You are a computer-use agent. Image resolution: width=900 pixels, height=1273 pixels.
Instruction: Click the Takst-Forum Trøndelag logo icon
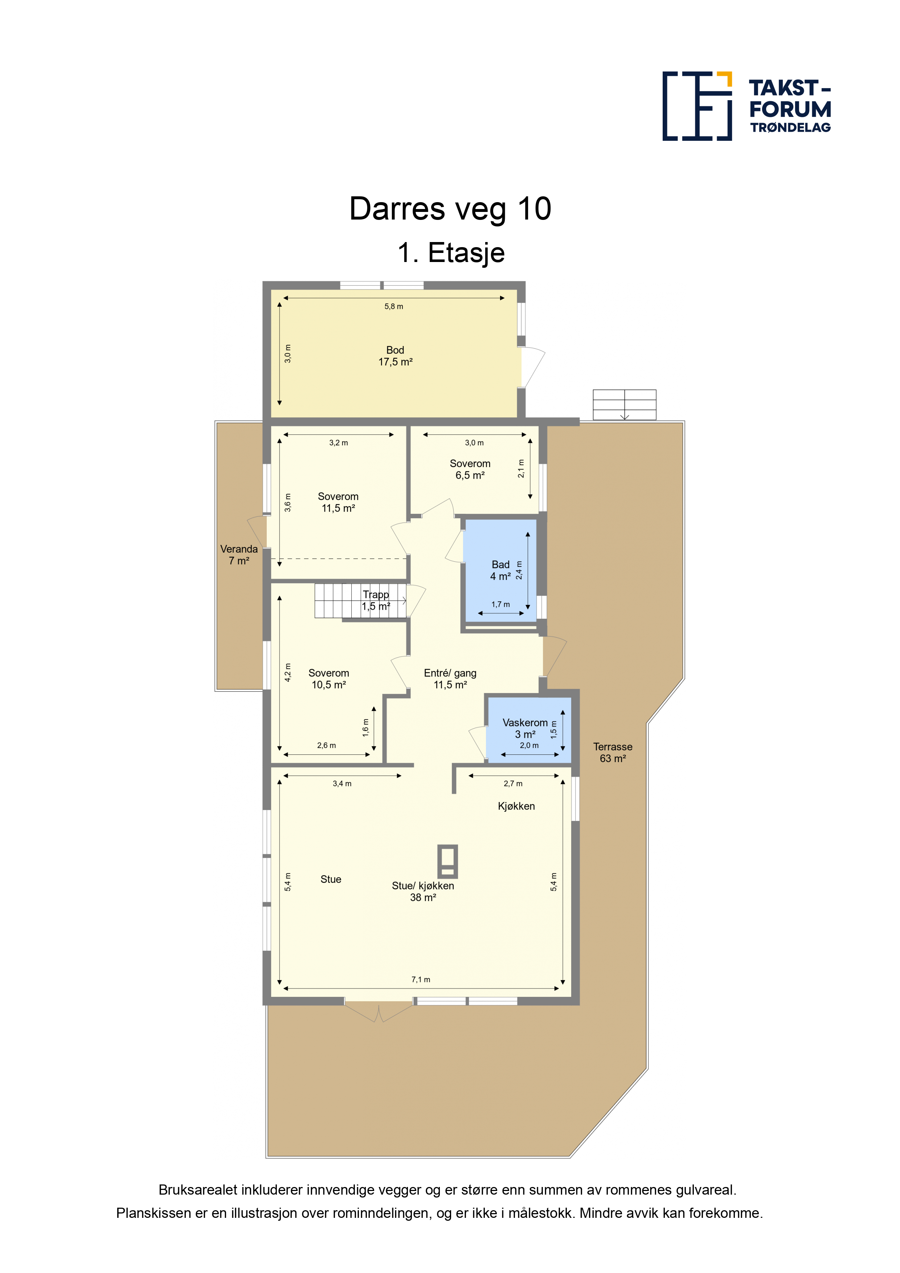pyautogui.click(x=697, y=106)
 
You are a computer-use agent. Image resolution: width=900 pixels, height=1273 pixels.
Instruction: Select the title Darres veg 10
pyautogui.click(x=450, y=209)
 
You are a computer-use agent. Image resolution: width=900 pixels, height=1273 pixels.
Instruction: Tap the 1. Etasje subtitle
pyautogui.click(x=451, y=253)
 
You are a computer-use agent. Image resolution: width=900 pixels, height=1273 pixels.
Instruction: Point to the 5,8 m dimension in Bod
pyautogui.click(x=394, y=306)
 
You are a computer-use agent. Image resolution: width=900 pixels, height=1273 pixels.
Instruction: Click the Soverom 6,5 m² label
pyautogui.click(x=470, y=469)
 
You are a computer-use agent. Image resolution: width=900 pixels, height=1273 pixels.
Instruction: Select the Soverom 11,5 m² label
pyautogui.click(x=338, y=502)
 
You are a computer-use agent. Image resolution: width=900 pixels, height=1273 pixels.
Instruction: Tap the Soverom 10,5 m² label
pyautogui.click(x=329, y=679)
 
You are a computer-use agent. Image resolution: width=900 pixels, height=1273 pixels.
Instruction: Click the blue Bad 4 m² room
pyautogui.click(x=500, y=570)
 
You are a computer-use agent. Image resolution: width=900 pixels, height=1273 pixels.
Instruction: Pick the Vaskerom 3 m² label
pyautogui.click(x=525, y=728)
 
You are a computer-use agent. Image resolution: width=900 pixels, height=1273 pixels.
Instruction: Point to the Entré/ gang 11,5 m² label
pyautogui.click(x=450, y=679)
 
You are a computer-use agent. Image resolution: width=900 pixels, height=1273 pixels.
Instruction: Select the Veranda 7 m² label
pyautogui.click(x=239, y=554)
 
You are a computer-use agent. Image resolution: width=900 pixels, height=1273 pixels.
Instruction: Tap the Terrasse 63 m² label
pyautogui.click(x=613, y=752)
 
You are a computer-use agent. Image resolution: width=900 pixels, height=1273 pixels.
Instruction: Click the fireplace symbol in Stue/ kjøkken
pyautogui.click(x=447, y=861)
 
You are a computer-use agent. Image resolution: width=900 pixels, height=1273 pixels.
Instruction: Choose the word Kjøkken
pyautogui.click(x=516, y=806)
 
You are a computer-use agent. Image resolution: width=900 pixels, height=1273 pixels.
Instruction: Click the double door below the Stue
pyautogui.click(x=379, y=1011)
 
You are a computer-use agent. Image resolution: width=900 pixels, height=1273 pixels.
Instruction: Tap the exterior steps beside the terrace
pyautogui.click(x=625, y=405)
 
